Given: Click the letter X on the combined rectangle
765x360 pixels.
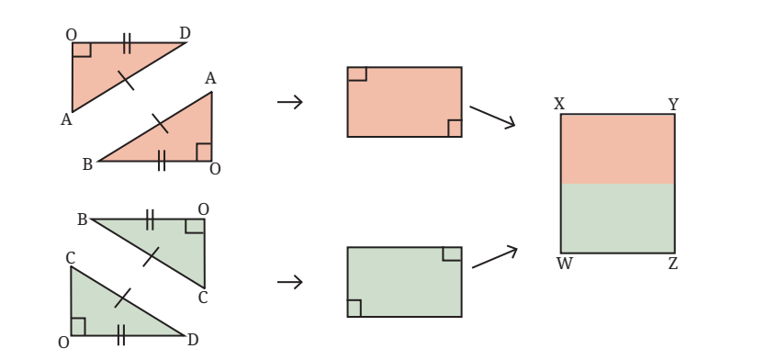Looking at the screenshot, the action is click(559, 104).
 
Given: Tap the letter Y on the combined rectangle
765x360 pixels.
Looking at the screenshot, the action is click(673, 105).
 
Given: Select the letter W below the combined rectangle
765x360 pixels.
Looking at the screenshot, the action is click(564, 264).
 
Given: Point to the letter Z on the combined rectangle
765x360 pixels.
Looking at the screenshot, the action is click(673, 264).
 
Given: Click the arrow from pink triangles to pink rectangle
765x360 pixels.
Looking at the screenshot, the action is click(290, 102).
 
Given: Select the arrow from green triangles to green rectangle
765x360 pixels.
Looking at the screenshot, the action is click(290, 282).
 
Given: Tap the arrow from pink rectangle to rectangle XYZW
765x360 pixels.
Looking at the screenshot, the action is click(492, 117).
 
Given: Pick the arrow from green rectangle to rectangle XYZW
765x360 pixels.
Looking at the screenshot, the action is click(494, 256).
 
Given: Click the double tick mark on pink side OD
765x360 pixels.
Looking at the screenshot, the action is click(127, 43).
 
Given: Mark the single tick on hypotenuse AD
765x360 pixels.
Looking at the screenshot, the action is click(126, 81).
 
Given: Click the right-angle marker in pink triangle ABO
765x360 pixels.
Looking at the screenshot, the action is click(204, 152).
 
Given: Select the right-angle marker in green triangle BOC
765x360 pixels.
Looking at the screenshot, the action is click(195, 226).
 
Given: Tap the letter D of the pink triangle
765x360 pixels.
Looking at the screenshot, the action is click(185, 33).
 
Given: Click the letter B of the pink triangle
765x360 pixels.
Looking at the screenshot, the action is click(87, 165).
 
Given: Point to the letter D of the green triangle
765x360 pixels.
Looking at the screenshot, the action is click(193, 340).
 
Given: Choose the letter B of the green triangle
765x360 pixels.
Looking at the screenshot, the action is click(82, 220).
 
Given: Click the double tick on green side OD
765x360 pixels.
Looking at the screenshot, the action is click(121, 335).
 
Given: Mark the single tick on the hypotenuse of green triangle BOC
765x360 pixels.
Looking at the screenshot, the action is click(151, 256).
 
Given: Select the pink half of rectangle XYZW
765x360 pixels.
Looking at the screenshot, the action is click(618, 150).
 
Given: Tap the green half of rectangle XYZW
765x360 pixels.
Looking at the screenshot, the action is click(618, 218).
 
